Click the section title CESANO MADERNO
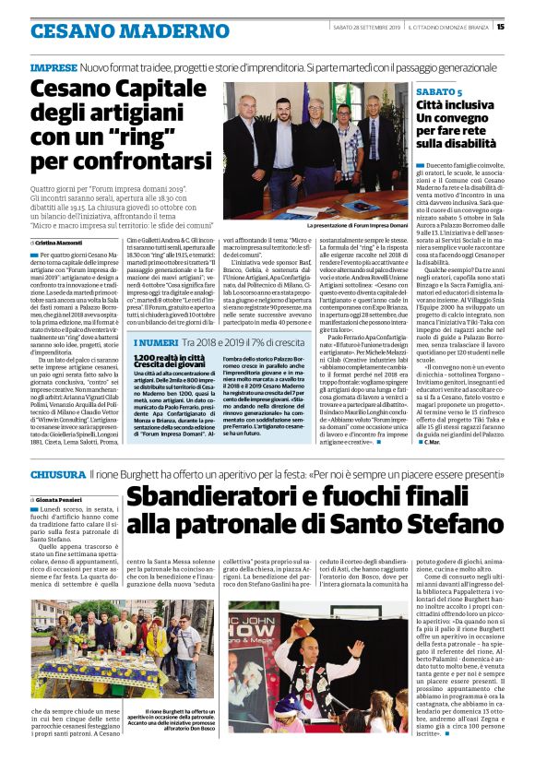coord(103,30)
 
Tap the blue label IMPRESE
coord(53,69)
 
